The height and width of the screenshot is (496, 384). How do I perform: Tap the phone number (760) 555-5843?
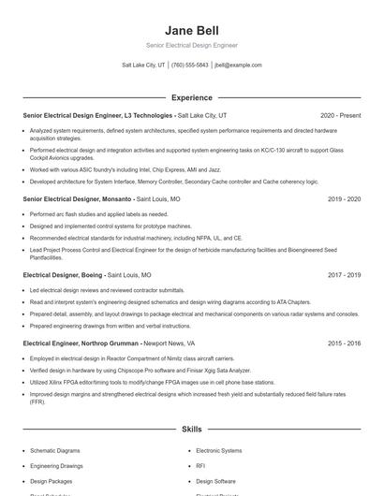click(190, 66)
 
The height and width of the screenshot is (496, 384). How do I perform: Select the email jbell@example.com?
click(238, 66)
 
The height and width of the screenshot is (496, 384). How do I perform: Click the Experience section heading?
click(191, 97)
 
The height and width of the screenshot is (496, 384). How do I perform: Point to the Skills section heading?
click(191, 429)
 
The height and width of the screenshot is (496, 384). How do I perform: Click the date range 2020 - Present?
click(340, 115)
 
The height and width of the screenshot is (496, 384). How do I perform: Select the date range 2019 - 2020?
click(344, 199)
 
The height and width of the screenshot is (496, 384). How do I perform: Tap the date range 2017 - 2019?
click(344, 275)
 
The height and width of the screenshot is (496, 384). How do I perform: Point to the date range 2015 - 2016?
click(344, 343)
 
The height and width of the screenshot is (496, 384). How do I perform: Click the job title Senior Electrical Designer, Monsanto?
click(78, 199)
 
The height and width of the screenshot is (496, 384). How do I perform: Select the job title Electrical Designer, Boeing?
click(63, 275)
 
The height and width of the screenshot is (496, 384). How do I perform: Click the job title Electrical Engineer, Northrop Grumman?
click(81, 343)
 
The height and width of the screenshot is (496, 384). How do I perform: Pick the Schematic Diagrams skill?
click(55, 450)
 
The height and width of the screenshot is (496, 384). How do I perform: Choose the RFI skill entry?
click(200, 465)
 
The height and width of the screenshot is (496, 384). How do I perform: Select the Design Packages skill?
click(52, 480)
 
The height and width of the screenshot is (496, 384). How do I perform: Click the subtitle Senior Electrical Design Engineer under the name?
click(191, 45)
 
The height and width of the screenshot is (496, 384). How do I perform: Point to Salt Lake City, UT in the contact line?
click(143, 66)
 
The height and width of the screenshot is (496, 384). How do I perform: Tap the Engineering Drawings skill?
click(56, 465)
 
